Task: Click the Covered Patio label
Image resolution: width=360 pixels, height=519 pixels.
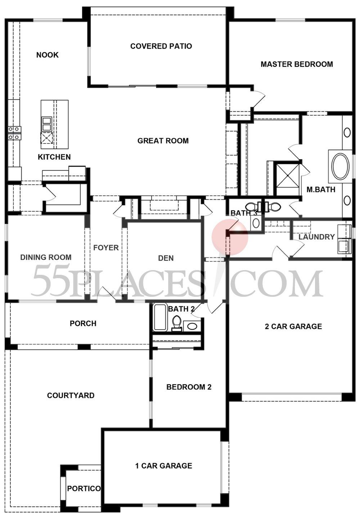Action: [x=161, y=46]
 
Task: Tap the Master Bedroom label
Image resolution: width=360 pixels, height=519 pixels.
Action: [x=297, y=64]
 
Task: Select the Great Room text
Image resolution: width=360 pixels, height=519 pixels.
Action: [x=163, y=141]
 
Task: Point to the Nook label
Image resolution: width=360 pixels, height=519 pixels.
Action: [x=48, y=55]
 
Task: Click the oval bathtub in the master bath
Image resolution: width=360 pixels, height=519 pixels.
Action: [x=340, y=167]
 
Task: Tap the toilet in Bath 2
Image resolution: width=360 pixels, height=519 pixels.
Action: [x=176, y=322]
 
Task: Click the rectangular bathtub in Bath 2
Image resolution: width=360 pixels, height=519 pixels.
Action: [x=160, y=317]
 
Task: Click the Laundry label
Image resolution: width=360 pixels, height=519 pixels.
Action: [x=316, y=237]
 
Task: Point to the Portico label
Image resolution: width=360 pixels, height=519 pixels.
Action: [x=84, y=488]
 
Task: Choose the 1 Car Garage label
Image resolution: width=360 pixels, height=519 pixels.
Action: [x=163, y=466]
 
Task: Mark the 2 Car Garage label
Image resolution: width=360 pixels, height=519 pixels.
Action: [x=293, y=326]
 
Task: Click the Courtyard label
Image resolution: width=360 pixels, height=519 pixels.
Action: [x=71, y=395]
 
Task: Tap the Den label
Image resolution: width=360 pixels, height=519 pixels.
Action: [x=166, y=258]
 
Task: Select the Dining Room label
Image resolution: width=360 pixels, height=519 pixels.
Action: [x=46, y=257]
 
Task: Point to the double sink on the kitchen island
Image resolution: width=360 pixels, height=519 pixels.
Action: [x=47, y=124]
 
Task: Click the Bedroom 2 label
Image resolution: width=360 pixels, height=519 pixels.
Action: [x=189, y=387]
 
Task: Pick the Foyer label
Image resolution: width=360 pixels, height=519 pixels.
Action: [x=106, y=248]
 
